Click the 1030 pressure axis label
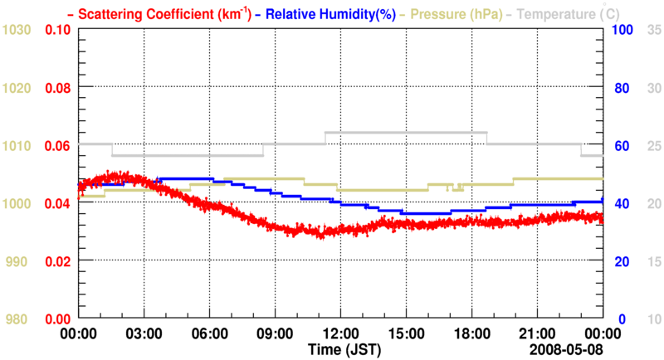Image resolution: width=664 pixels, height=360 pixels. point(17,30)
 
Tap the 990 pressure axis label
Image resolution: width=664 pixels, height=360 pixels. point(20,261)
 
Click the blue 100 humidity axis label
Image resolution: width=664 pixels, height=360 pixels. point(623,30)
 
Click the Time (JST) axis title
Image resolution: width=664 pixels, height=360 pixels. point(340,348)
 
